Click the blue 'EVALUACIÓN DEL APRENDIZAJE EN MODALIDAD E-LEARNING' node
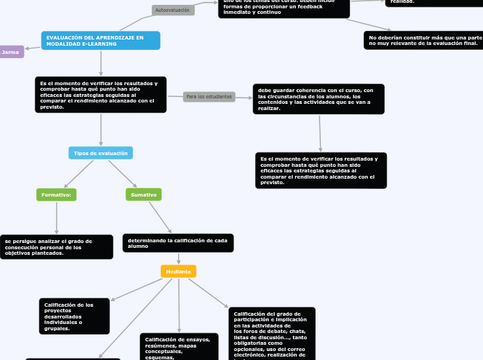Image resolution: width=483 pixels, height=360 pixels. [x=100, y=41]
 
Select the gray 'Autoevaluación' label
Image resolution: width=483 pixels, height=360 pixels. [x=173, y=10]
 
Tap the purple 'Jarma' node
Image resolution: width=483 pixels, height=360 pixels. [x=11, y=52]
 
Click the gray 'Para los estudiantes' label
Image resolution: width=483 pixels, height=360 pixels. [x=209, y=97]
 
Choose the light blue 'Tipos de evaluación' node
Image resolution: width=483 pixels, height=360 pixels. [x=100, y=153]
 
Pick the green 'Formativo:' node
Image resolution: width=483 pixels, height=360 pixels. [x=56, y=195]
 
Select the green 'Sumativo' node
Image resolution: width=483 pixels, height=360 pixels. [x=143, y=195]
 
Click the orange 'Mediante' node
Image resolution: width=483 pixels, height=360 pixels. [x=178, y=271]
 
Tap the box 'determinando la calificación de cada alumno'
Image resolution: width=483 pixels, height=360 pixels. [x=178, y=243]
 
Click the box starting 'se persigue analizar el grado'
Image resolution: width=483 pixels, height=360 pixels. [x=56, y=247]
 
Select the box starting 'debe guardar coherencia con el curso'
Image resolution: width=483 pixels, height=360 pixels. [x=318, y=99]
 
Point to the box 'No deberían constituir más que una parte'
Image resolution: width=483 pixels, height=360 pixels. [x=423, y=40]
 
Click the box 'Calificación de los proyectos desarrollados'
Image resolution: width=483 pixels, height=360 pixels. [x=74, y=316]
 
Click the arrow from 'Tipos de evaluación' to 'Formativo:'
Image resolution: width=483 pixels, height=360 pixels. [x=78, y=174]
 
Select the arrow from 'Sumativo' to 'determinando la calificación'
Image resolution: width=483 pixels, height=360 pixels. [x=160, y=217]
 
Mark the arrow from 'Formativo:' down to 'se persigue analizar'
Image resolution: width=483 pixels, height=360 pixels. [x=56, y=218]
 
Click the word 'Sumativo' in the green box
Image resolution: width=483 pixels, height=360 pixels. [x=143, y=195]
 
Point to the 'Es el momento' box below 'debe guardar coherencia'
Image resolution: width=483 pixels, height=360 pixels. [x=321, y=170]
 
